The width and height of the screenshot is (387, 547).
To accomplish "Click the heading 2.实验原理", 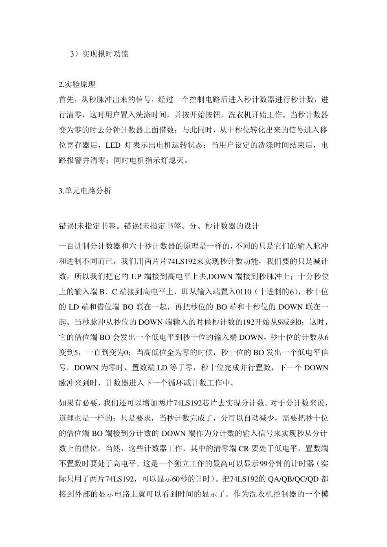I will [x=77, y=85].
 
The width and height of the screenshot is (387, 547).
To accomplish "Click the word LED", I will [x=113, y=145].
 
